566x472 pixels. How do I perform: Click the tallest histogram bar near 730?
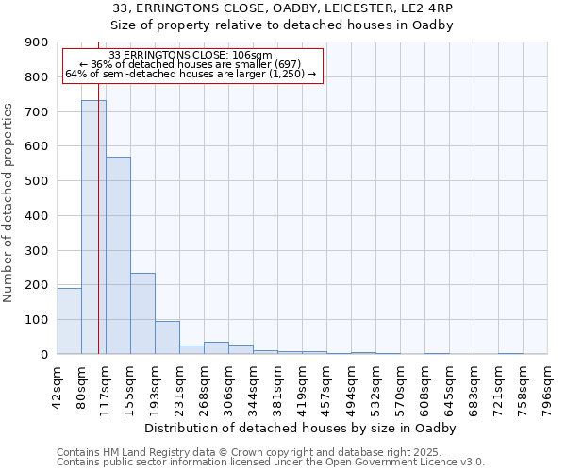click(93, 227)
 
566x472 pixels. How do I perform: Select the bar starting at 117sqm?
click(118, 255)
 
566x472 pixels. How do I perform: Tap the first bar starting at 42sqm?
click(69, 321)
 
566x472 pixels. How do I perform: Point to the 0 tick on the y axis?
click(43, 354)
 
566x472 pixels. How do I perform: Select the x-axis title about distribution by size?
click(302, 428)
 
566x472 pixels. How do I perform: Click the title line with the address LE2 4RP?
click(289, 8)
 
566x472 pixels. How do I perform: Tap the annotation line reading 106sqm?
click(191, 55)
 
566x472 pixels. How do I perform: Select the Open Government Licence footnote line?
click(271, 462)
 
